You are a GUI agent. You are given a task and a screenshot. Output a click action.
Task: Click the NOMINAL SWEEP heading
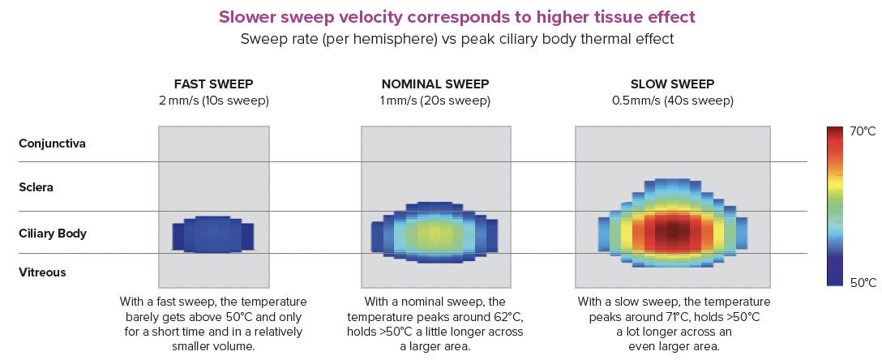point(435,84)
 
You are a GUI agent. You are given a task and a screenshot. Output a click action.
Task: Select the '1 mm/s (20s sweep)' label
point(435,101)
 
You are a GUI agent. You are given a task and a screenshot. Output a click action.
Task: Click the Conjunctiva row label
point(52,144)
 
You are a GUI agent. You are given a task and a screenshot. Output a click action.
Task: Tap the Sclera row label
point(36,187)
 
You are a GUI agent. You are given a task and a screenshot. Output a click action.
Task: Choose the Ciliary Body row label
point(52,234)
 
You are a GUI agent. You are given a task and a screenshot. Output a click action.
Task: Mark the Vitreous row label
point(42,272)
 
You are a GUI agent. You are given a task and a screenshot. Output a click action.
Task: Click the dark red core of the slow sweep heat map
point(671,233)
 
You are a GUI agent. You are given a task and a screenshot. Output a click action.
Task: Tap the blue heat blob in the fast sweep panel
point(212,234)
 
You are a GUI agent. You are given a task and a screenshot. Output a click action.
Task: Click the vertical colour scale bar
point(836,206)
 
